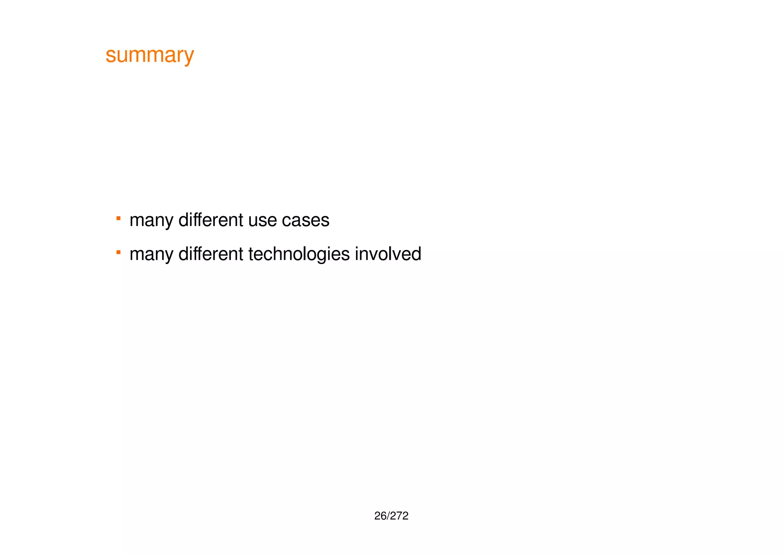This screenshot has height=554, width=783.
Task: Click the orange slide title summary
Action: coord(150,55)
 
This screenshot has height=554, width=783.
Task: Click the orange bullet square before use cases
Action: coord(119,218)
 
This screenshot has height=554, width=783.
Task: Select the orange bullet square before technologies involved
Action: coord(119,252)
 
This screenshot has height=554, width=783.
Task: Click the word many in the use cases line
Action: coord(151,221)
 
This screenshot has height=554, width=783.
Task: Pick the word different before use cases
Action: coord(211,220)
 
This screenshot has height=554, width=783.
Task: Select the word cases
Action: coord(305,221)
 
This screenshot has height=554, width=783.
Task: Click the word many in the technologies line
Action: coord(151,254)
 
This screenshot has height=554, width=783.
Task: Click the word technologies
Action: coord(299,254)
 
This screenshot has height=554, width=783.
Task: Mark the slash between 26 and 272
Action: coord(388,516)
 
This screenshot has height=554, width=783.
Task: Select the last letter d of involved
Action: coord(417,254)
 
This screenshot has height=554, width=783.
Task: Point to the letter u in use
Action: coord(252,221)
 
